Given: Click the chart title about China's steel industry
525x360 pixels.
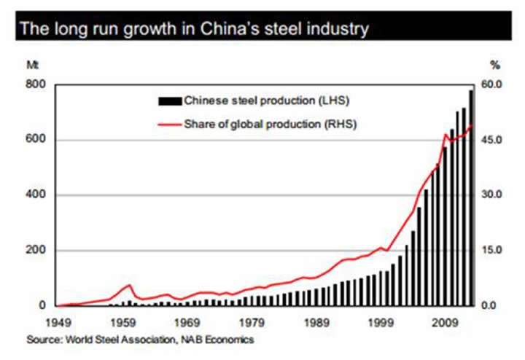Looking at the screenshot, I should tap(194, 30).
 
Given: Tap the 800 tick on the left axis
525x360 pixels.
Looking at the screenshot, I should tap(36, 85).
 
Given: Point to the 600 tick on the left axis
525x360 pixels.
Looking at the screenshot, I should tap(36, 140).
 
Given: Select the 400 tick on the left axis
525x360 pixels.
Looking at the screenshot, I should tap(36, 195).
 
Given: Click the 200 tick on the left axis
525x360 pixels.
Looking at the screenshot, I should tap(36, 251).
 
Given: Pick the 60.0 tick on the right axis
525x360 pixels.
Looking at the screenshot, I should tap(495, 85).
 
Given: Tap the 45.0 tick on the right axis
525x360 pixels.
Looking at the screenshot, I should tap(495, 140).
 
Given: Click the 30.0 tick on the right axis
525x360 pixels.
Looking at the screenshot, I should tap(495, 195).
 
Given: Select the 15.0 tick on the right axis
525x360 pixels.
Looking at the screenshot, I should tap(495, 251).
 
